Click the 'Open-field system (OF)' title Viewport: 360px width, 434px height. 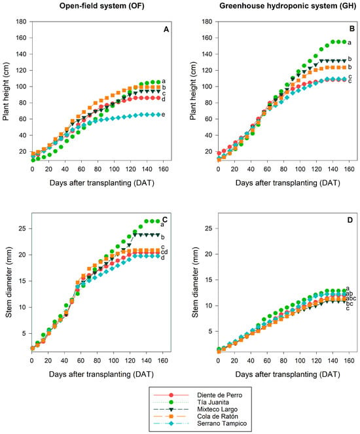coord(102,6)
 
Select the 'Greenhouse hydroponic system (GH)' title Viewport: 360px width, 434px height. coord(287,6)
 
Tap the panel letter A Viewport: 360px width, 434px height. coord(166,29)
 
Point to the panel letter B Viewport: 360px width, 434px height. coord(352,29)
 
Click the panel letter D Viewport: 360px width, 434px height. coord(350,220)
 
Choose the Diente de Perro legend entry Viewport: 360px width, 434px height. coord(198,395)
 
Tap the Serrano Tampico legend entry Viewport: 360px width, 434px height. coord(200,424)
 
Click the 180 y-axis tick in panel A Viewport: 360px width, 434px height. coord(22,22)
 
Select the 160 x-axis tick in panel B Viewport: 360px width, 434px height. coord(350,169)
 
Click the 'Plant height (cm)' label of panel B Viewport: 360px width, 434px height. coord(193,91)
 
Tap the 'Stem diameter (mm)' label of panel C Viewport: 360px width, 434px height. coord(9,282)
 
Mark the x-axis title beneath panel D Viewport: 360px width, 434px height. coord(287,374)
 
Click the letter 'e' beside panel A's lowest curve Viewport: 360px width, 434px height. coord(163,115)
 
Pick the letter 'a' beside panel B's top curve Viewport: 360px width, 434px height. coord(350,43)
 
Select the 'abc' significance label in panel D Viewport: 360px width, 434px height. coord(351,298)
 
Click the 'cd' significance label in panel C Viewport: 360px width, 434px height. coord(164,252)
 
